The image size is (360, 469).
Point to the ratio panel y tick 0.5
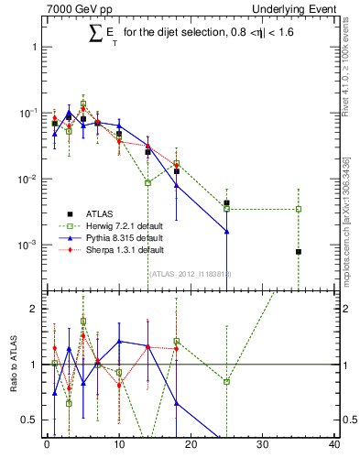tap(32, 420)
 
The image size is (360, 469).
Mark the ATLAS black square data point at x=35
tap(299, 252)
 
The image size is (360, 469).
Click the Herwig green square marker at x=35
tap(299, 209)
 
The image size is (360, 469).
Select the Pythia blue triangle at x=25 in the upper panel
tap(226, 232)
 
